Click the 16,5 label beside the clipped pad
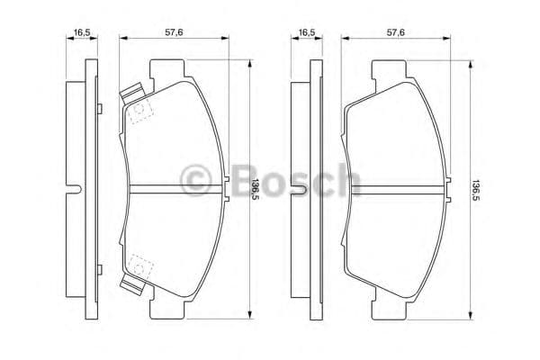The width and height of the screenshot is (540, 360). pyautogui.click(x=82, y=32)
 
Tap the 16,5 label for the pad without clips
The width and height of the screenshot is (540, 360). pyautogui.click(x=306, y=32)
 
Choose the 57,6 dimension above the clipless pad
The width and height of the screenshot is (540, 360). pyautogui.click(x=396, y=32)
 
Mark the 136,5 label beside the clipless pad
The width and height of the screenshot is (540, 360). pyautogui.click(x=476, y=188)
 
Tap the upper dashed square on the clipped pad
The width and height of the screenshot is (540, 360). pyautogui.click(x=140, y=112)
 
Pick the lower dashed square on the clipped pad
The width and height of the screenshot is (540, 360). pyautogui.click(x=140, y=265)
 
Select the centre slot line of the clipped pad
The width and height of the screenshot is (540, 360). pyautogui.click(x=175, y=188)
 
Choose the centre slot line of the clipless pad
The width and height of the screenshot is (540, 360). pyautogui.click(x=396, y=188)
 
